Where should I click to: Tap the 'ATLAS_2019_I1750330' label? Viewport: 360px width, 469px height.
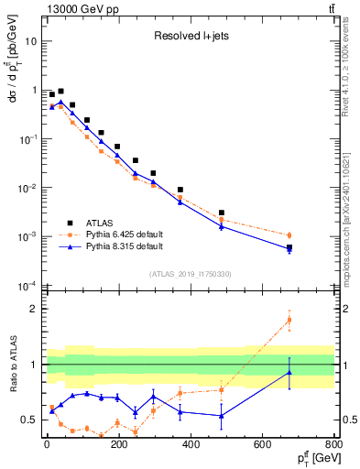coord(191,274)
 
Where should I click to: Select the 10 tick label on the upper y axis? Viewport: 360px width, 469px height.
coord(30,42)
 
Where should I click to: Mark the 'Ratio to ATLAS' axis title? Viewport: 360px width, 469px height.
coord(14,365)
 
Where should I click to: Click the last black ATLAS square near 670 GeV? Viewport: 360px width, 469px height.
coord(289,247)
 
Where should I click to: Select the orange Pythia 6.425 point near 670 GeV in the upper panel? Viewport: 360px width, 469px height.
coord(289,235)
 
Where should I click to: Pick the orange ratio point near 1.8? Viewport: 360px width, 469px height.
coord(289,320)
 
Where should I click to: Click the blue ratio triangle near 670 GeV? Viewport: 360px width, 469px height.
coord(289,372)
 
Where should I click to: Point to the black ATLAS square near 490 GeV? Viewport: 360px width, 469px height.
coord(222,213)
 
